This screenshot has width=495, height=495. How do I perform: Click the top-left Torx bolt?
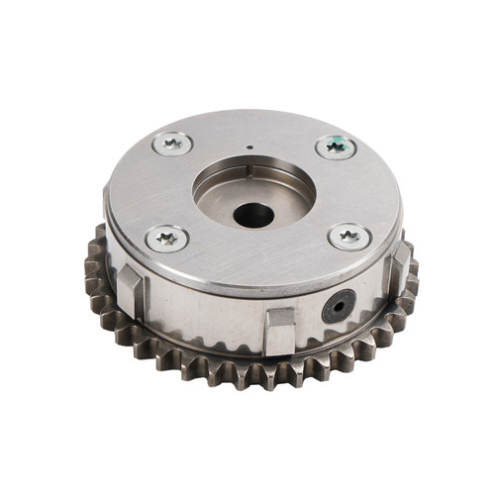(x=173, y=144)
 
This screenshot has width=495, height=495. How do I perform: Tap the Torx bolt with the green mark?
(x=337, y=148)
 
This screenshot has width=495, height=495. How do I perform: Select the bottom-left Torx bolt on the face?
(x=166, y=238)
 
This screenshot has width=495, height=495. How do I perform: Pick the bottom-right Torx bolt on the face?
(x=349, y=237)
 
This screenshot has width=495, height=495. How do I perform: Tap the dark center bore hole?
(x=253, y=214)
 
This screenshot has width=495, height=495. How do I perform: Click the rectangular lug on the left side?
(x=131, y=289)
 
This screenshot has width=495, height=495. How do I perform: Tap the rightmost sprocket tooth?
(x=412, y=267)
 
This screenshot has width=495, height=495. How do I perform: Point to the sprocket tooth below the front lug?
(x=280, y=374)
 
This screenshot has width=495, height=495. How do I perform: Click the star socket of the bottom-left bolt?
(x=166, y=238)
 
